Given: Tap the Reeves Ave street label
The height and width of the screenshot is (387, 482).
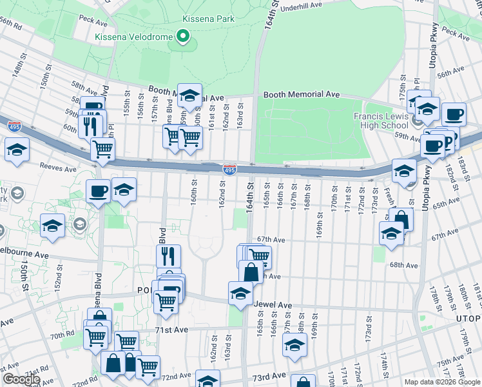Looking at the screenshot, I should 57,167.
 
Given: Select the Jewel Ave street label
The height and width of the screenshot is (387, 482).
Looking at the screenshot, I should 273,304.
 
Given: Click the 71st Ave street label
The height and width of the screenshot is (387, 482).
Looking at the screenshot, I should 170,330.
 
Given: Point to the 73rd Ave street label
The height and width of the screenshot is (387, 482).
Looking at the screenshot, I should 269,376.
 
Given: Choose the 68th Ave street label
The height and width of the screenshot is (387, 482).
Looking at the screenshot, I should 404,265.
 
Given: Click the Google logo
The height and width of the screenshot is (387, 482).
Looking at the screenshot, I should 21,379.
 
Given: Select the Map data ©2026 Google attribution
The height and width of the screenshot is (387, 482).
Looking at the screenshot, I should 441,382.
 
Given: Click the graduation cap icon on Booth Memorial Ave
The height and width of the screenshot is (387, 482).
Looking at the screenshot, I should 189,95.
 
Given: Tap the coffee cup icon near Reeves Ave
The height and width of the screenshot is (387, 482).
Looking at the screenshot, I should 98,191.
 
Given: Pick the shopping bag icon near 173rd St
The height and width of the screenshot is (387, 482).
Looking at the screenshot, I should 401,219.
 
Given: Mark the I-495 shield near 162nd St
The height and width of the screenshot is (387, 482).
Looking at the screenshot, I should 229,170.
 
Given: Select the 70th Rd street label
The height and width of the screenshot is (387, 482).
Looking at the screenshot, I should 63,336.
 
